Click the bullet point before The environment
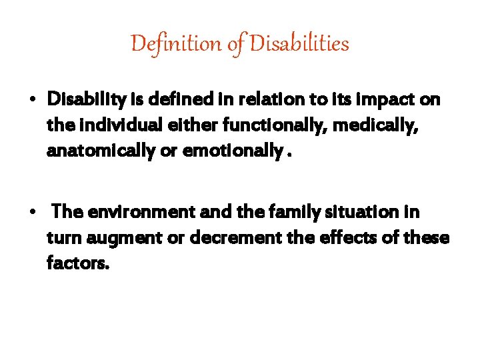[32, 213]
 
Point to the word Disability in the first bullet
[87, 100]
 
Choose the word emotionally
[237, 151]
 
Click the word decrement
[231, 238]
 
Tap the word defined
[179, 100]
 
